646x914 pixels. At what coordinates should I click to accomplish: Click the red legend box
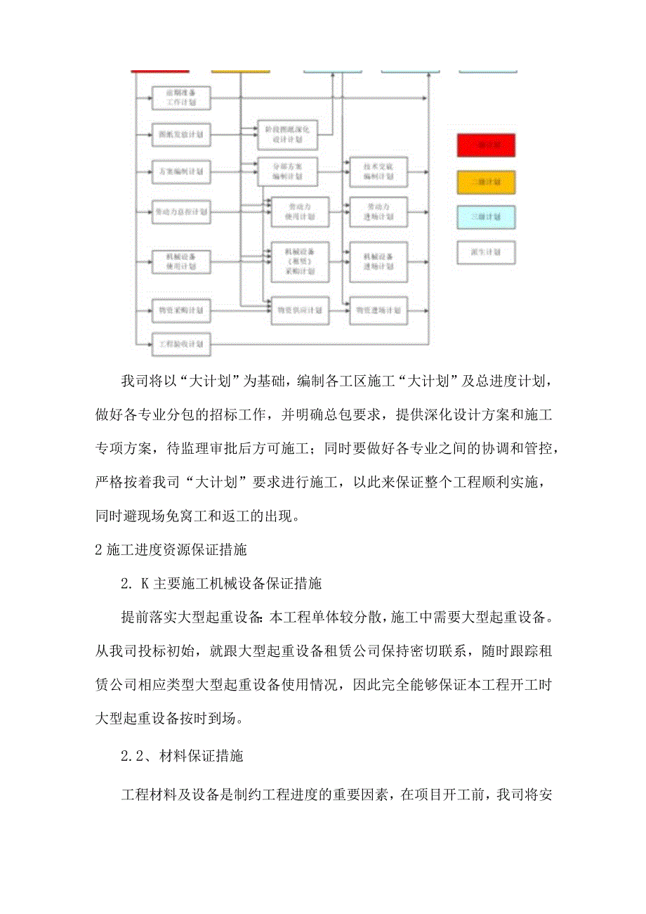click(486, 145)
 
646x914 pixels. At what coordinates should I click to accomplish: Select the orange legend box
click(486, 182)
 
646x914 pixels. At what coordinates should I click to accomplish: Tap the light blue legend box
click(486, 217)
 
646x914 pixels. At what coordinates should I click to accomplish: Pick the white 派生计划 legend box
click(486, 252)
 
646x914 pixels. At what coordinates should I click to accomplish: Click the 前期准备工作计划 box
click(180, 97)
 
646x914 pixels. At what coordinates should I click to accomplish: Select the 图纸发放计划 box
click(180, 133)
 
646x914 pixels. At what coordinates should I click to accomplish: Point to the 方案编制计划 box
click(180, 171)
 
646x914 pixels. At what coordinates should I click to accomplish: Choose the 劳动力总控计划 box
click(180, 210)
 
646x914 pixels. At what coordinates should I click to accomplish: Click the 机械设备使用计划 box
click(180, 261)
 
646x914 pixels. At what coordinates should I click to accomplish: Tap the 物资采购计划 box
click(180, 309)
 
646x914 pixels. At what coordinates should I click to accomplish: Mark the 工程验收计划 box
click(180, 344)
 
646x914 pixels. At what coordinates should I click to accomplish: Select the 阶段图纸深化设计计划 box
click(288, 133)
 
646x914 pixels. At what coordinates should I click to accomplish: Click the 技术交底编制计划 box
click(379, 171)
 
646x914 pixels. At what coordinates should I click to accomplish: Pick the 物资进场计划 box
click(379, 309)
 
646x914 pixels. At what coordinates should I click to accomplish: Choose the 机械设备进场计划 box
click(379, 261)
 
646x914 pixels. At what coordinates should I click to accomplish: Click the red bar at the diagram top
click(160, 71)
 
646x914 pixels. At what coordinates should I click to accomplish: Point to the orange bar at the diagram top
click(241, 71)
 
